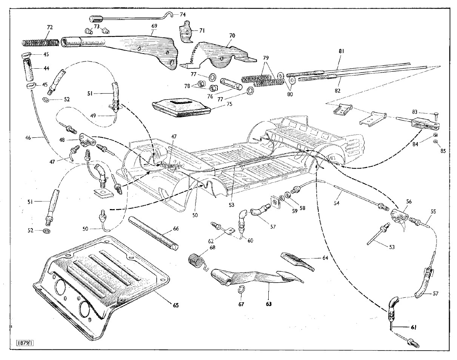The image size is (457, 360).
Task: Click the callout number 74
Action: [183, 15]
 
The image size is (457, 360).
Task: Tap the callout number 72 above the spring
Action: [50, 28]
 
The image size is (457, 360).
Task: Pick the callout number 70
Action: [232, 35]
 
